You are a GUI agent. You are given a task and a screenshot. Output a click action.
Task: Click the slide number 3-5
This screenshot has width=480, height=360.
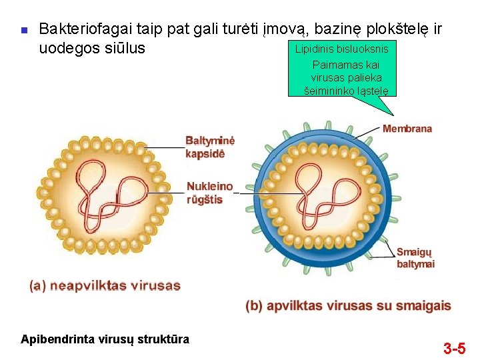[x=455, y=347]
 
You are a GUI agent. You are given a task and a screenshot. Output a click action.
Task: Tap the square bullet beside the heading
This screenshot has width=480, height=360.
[x=23, y=31]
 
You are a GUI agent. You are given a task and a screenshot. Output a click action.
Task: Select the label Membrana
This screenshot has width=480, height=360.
[x=407, y=129]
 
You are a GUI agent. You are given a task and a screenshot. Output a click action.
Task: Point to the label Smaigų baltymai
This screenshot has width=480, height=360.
[x=415, y=257]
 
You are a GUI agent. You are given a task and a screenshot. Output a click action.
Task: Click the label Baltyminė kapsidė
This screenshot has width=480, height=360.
[x=209, y=147]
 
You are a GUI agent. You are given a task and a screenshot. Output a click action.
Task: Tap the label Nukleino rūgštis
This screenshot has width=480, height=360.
[x=209, y=193]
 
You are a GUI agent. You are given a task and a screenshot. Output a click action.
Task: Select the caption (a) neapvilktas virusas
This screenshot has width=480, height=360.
[x=105, y=286]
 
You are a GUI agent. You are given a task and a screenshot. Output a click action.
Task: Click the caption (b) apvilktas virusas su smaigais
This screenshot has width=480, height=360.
[x=348, y=306]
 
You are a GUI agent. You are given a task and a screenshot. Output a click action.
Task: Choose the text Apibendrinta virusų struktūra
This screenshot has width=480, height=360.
[x=105, y=339]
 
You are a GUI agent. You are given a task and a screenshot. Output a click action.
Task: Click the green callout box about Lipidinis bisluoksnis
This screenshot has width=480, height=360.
[x=341, y=73]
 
